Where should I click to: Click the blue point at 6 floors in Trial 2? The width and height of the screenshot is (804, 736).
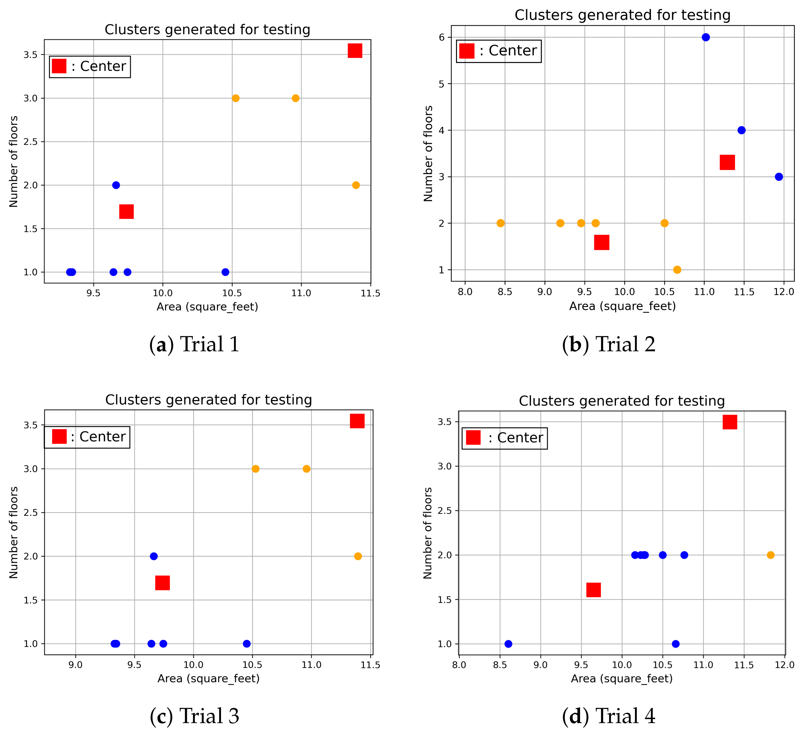(x=706, y=37)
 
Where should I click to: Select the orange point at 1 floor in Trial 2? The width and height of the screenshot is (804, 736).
(x=677, y=270)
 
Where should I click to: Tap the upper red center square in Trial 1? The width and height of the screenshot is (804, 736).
(x=354, y=51)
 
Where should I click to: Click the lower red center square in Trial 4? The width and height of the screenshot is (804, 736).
(x=593, y=590)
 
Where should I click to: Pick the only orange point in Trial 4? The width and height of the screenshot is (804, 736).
(x=771, y=555)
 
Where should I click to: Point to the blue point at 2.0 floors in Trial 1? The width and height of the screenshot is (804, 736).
(x=116, y=185)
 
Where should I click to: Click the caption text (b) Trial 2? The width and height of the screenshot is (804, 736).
(x=609, y=344)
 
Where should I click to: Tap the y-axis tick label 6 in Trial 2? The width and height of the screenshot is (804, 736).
(x=441, y=38)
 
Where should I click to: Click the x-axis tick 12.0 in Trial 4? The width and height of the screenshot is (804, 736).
(x=785, y=665)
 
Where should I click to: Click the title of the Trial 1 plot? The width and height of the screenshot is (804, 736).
(x=207, y=29)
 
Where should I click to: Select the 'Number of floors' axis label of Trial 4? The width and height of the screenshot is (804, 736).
(x=428, y=533)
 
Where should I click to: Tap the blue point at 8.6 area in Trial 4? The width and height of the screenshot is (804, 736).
(x=508, y=644)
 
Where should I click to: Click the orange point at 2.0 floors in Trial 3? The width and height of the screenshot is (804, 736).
(x=358, y=556)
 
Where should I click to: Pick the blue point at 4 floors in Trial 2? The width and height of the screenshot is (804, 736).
(x=741, y=130)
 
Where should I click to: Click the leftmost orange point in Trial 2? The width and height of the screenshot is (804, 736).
(x=500, y=223)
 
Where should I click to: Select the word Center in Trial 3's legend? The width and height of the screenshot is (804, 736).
(x=103, y=437)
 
